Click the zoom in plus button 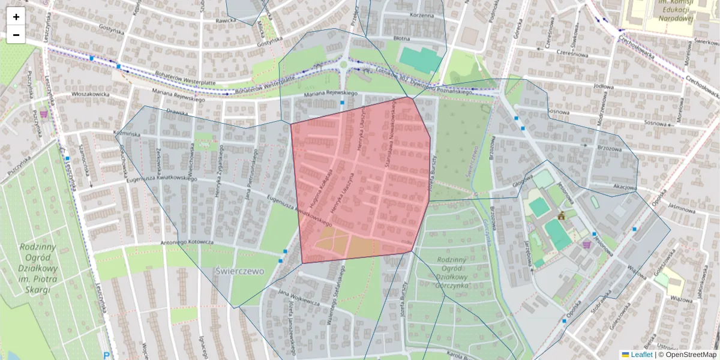(x=16, y=17)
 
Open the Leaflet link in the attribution (x=641, y=355)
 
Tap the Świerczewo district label (x=239, y=271)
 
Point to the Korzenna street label (x=421, y=15)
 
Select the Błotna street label (x=418, y=37)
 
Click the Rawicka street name (x=226, y=19)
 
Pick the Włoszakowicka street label (x=90, y=94)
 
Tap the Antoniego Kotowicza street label (x=187, y=242)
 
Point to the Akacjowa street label (x=625, y=187)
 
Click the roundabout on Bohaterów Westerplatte (x=343, y=65)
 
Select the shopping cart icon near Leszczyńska (x=43, y=113)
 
